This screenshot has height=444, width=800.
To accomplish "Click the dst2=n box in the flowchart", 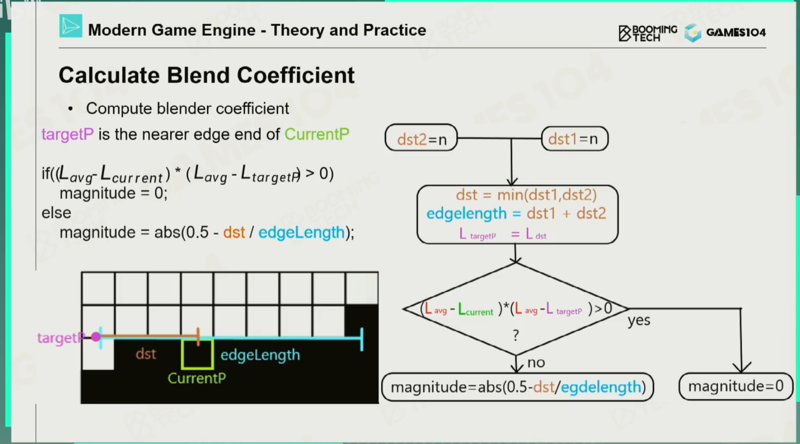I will pos(421,139).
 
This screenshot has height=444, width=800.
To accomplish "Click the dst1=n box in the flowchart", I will pos(574,139).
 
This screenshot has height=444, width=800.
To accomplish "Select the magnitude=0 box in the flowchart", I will pos(735,386).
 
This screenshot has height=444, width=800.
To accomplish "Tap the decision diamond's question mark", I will pos(516,335).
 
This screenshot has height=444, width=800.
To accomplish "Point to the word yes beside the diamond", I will pos(639,320).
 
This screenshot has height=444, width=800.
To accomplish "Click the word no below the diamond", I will pos(536,362).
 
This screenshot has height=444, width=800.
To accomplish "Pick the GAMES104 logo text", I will pos(736,33).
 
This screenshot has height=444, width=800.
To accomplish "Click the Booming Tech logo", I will pos(647,33).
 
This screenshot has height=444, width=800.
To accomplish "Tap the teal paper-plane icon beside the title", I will pos(70,26).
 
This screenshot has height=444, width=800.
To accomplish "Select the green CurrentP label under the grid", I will pos(197,378).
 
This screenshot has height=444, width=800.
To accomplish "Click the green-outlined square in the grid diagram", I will pos(197,354).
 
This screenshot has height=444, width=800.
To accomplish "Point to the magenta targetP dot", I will pos(96,337).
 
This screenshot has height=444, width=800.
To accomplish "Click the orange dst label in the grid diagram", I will pos(146,354).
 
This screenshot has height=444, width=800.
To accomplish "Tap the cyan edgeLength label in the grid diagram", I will pos(260,355).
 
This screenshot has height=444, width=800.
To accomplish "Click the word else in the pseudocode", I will pos(56,213).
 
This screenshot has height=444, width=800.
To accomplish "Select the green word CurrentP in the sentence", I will pos(316,134).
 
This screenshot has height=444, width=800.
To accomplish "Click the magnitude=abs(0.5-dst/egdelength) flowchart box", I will pos(518,387).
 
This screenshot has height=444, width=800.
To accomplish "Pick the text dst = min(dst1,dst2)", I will pos(526,195).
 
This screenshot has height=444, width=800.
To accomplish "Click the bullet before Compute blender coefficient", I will pos(71,109).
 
